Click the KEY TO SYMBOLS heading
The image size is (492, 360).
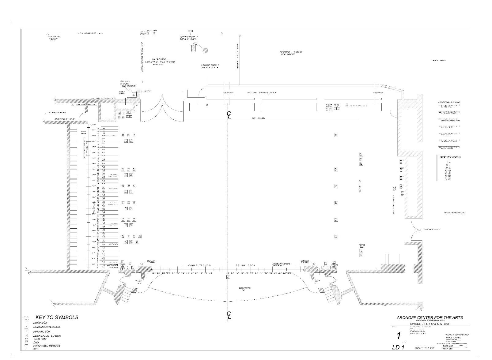click(x=57, y=317)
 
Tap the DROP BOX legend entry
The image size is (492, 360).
click(x=40, y=323)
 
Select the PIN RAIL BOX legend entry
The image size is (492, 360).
click(x=42, y=332)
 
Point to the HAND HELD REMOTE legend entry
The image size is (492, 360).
click(x=47, y=346)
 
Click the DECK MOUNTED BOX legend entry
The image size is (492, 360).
click(x=47, y=336)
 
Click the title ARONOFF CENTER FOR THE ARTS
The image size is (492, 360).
click(x=430, y=317)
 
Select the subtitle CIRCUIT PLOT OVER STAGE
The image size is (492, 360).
click(x=430, y=324)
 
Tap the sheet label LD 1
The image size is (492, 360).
click(x=399, y=347)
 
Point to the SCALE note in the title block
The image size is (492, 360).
click(x=425, y=348)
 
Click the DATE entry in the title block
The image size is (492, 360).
click(x=448, y=346)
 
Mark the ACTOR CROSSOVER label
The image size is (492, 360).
click(x=262, y=92)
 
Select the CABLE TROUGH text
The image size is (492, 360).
click(x=199, y=265)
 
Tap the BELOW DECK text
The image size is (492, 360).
click(x=245, y=265)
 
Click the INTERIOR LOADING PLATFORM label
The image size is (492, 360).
click(x=160, y=61)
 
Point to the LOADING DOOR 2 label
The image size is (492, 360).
click(x=189, y=38)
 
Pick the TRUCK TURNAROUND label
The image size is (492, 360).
click(x=454, y=213)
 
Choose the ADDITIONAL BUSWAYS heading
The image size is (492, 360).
click(x=449, y=103)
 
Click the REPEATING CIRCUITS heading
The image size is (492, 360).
click(x=450, y=157)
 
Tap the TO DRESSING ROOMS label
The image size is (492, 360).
click(x=57, y=113)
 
